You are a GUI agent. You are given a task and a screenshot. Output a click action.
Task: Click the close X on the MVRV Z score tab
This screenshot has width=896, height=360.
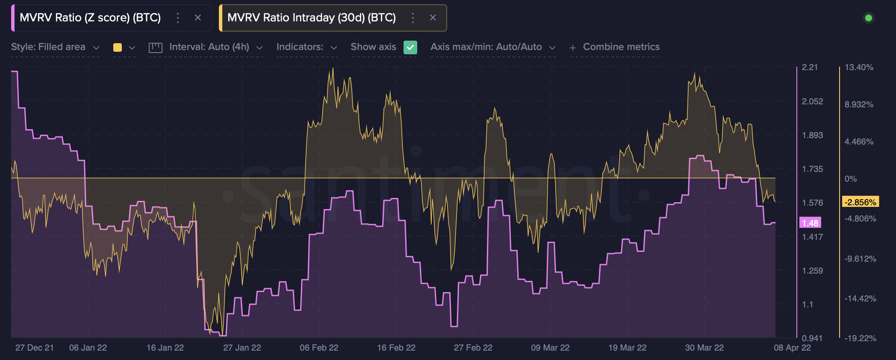[x=198, y=18]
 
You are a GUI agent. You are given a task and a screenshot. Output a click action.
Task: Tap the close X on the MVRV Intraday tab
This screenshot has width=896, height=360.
[x=433, y=18]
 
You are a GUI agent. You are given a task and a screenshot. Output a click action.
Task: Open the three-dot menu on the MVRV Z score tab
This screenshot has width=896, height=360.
[x=178, y=18]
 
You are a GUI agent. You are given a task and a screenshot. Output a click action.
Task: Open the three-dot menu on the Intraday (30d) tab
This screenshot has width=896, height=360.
[x=413, y=18]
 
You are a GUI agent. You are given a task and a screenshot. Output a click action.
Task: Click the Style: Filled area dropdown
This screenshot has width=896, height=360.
[x=55, y=47]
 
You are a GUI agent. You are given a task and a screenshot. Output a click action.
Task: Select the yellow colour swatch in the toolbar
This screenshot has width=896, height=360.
[x=118, y=47]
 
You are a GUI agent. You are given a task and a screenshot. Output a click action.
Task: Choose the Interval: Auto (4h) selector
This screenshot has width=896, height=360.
[x=206, y=47]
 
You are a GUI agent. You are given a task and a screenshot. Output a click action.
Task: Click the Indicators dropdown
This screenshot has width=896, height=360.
[x=307, y=47]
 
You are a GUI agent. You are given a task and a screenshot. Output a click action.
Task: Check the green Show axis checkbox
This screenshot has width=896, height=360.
[x=410, y=47]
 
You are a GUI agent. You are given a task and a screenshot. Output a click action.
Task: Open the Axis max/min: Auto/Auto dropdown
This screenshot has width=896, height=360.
[x=493, y=47]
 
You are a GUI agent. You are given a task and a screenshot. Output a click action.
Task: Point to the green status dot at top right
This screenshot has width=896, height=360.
[x=868, y=18]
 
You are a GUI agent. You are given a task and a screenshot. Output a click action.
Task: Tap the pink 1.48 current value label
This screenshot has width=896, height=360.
[x=810, y=223]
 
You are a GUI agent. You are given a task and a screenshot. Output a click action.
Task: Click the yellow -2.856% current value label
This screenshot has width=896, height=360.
[x=860, y=202]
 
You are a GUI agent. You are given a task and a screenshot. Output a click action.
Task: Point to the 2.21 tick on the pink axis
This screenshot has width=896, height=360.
[x=810, y=67]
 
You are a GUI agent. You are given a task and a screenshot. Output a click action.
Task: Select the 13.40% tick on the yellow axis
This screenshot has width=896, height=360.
[x=859, y=67]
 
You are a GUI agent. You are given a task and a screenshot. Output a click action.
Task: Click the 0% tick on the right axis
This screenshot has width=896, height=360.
[x=851, y=179]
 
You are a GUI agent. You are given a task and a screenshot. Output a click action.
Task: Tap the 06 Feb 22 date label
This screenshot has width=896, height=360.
[x=319, y=348]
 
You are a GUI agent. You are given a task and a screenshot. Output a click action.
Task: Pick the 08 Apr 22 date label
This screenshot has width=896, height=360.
[x=792, y=348]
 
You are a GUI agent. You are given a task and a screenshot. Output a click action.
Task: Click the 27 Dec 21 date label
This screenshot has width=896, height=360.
[x=35, y=348]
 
